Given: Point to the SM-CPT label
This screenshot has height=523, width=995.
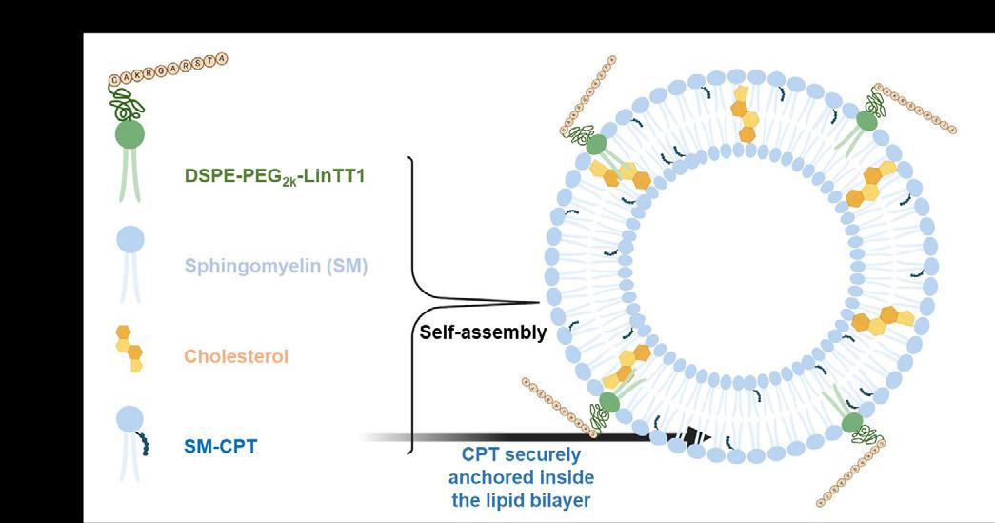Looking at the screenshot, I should tap(220, 443).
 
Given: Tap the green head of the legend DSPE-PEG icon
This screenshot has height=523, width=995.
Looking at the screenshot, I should tap(129, 134).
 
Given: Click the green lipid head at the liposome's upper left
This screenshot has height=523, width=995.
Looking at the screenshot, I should tap(597, 145).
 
